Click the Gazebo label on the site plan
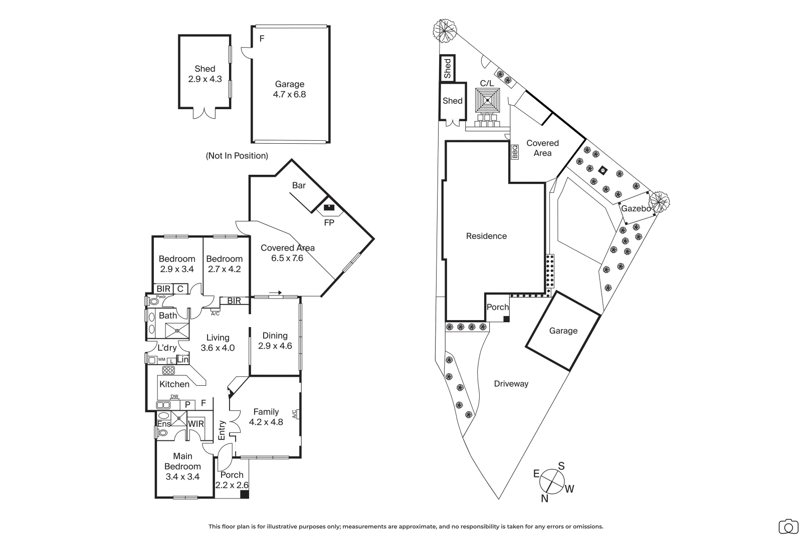click(636, 209)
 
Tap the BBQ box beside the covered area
click(515, 152)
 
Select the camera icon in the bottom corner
click(788, 526)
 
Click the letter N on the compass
click(544, 498)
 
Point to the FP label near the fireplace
click(329, 222)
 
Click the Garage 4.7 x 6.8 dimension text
click(289, 94)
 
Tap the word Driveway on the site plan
click(511, 384)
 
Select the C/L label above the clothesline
click(487, 83)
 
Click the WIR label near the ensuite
click(196, 424)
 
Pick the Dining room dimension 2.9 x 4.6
click(275, 346)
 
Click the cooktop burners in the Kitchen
click(168, 370)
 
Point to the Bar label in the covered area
click(299, 185)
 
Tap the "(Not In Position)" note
click(237, 156)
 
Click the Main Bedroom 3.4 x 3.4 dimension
click(182, 476)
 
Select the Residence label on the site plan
click(487, 236)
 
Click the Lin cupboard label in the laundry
click(182, 359)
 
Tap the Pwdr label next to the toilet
click(161, 297)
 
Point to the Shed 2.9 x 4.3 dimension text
click(205, 79)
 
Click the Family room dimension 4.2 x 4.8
click(266, 422)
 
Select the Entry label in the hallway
click(222, 430)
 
